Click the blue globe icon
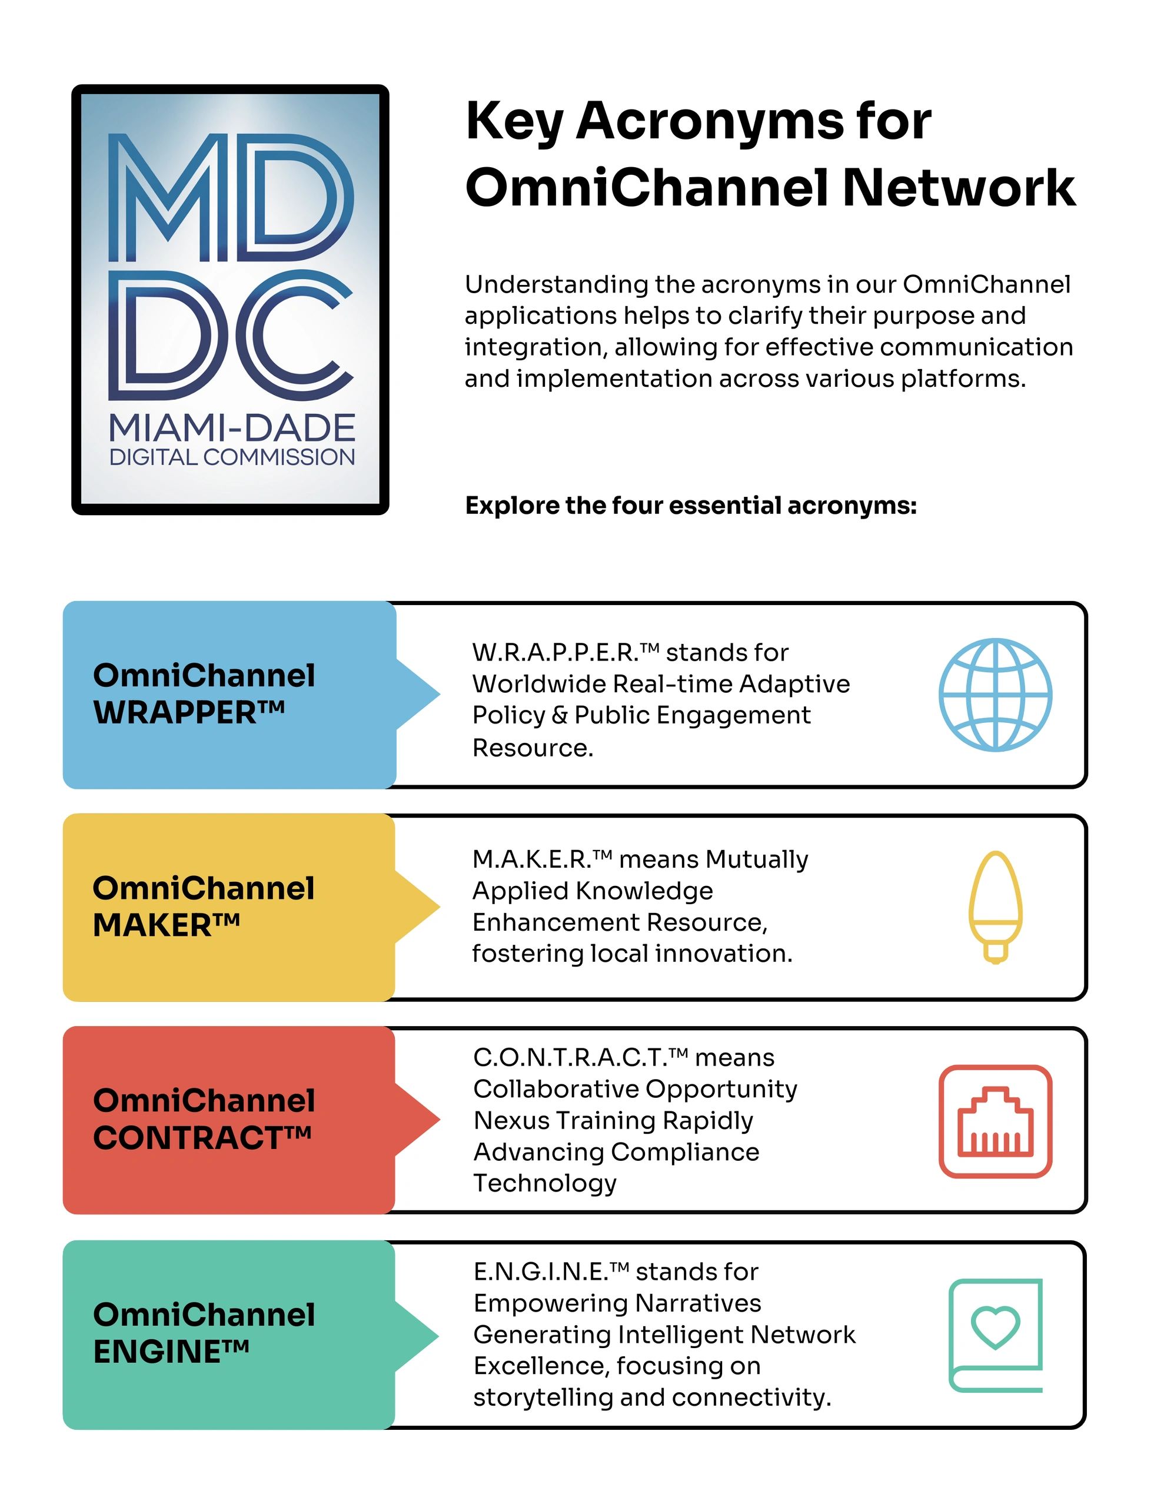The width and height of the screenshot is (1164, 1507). (x=995, y=694)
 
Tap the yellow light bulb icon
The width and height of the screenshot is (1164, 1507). (x=995, y=907)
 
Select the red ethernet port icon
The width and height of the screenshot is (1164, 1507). (x=995, y=1121)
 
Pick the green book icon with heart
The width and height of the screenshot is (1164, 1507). (x=995, y=1335)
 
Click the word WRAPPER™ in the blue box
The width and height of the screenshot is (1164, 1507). (x=189, y=712)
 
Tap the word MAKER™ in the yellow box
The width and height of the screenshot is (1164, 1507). (x=167, y=925)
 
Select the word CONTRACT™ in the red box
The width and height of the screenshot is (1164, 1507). (x=202, y=1137)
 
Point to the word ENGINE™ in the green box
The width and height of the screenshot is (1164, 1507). (x=171, y=1351)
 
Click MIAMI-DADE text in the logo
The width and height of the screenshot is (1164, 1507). (x=232, y=429)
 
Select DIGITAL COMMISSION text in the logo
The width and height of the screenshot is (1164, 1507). (x=232, y=457)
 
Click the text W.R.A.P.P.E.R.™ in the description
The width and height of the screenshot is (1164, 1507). (x=565, y=652)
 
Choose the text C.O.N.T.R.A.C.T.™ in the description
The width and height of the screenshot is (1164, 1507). (x=580, y=1057)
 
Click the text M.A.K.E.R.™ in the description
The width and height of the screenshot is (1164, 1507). (x=541, y=859)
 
